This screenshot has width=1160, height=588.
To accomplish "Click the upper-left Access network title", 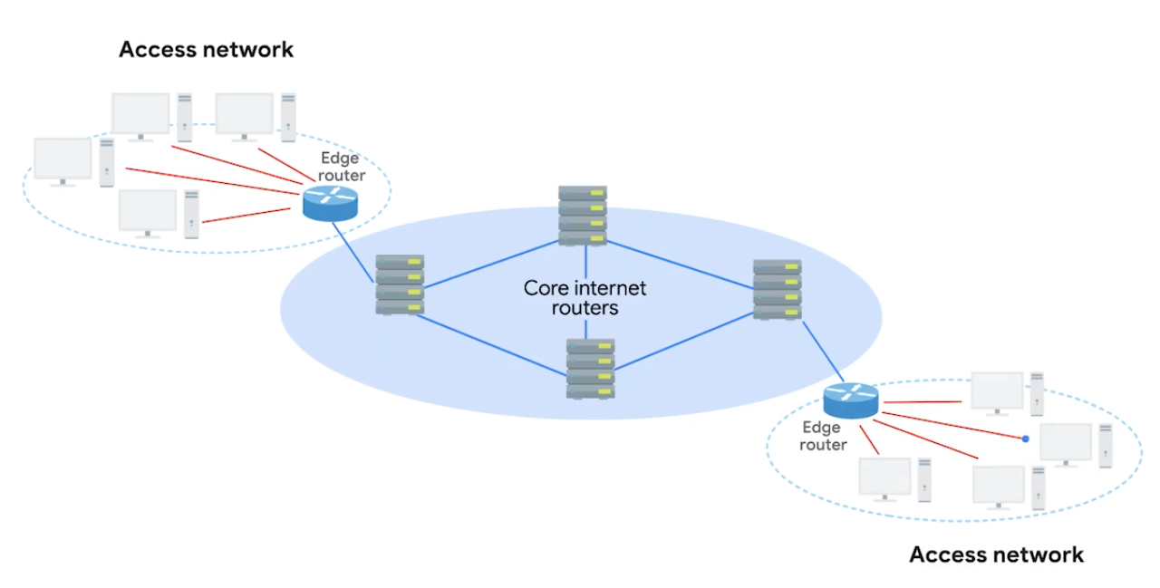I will (x=206, y=49).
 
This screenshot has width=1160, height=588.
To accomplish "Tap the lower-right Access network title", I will (x=996, y=554).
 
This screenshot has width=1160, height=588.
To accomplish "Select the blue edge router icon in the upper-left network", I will (x=330, y=202).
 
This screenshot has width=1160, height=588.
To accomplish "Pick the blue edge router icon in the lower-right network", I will (x=851, y=400).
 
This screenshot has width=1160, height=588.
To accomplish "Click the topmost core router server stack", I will (x=583, y=216).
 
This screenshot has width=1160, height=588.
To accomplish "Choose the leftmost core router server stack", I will (x=400, y=284).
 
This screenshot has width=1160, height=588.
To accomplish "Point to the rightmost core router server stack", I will (x=777, y=289).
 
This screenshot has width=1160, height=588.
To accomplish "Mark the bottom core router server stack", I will (x=590, y=369).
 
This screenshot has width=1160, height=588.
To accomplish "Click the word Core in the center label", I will (x=546, y=289).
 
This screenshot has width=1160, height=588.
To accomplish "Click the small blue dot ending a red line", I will (x=1025, y=439).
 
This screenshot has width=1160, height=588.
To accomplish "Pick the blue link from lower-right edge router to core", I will (x=820, y=353).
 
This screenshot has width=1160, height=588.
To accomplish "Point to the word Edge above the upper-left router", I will (x=340, y=159).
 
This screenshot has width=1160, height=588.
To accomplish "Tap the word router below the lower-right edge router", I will (x=824, y=445).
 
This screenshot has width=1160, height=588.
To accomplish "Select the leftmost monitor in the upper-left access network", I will (x=63, y=160).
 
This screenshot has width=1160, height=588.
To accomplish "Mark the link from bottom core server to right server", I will (x=683, y=342).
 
